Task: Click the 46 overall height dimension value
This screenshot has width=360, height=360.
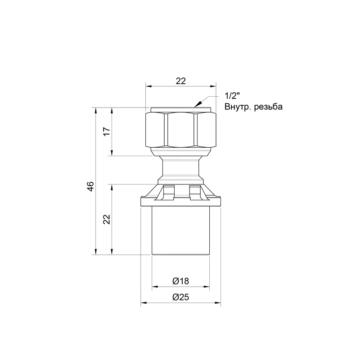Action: (91, 186)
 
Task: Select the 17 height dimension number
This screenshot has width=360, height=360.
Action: (107, 131)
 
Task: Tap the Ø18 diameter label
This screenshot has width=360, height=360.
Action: (181, 281)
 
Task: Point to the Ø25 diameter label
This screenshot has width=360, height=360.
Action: (181, 297)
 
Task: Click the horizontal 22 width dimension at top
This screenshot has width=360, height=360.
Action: (181, 81)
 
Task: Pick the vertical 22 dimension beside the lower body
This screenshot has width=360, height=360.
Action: (107, 219)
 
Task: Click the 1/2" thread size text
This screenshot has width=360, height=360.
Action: (232, 96)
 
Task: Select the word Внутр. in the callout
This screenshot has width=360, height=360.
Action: (238, 107)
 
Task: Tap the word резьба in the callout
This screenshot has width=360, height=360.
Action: (268, 107)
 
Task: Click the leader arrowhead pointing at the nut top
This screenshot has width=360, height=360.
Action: (198, 104)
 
